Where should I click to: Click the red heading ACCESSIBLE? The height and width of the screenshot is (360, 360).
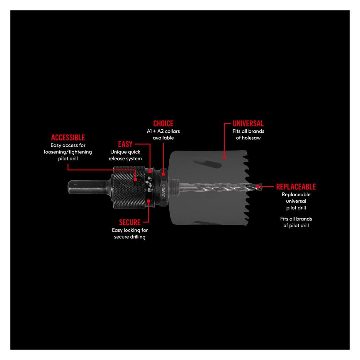pyautogui.click(x=68, y=137)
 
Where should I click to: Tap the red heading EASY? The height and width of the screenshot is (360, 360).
pyautogui.click(x=125, y=144)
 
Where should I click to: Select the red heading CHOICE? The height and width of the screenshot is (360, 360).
pyautogui.click(x=163, y=124)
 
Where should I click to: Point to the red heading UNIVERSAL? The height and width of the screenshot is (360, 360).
pyautogui.click(x=248, y=124)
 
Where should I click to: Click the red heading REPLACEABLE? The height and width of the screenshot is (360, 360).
pyautogui.click(x=296, y=187)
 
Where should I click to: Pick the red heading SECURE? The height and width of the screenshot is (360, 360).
pyautogui.click(x=130, y=222)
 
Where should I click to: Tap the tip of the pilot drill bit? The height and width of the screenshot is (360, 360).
pyautogui.click(x=260, y=187)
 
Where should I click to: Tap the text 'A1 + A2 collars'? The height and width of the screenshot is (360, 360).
pyautogui.click(x=163, y=131)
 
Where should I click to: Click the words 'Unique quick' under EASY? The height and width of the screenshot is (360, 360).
pyautogui.click(x=125, y=152)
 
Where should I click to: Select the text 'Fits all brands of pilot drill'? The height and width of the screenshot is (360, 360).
pyautogui.click(x=296, y=222)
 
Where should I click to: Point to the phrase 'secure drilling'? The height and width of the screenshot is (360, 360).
pyautogui.click(x=130, y=237)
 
